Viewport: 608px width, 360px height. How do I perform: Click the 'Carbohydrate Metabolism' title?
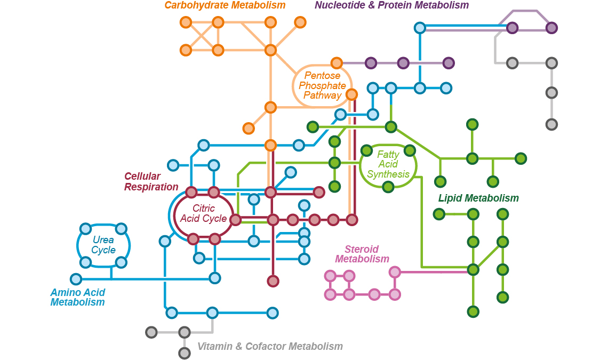(x=225, y=5)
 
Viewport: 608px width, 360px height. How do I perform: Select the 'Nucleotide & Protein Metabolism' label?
(x=391, y=5)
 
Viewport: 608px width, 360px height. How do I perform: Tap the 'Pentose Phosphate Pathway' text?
(x=322, y=86)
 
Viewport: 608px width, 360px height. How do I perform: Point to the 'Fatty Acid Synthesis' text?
(x=388, y=164)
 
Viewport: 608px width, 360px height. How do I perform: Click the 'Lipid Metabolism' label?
(x=478, y=198)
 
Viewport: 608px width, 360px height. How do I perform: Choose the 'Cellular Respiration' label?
(x=151, y=182)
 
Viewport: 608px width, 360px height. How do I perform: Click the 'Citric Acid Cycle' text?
(x=203, y=214)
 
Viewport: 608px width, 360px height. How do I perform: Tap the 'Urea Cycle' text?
(x=103, y=245)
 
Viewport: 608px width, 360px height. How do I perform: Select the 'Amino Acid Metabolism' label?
(x=77, y=297)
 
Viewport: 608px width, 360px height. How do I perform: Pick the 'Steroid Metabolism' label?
(x=362, y=254)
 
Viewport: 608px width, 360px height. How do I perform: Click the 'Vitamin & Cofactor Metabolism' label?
(x=270, y=347)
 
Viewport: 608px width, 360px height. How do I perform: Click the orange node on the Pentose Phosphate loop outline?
(x=351, y=95)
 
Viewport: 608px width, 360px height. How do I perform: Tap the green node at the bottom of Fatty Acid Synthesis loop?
(x=388, y=187)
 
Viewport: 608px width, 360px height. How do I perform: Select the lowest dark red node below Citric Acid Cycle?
(x=273, y=281)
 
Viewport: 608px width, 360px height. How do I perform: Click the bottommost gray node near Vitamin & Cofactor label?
(x=185, y=353)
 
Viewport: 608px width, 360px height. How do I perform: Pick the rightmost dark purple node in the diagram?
(x=551, y=28)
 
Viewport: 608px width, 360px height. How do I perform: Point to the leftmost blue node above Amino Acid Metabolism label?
(x=76, y=279)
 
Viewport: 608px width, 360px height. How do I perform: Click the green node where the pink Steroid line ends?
(x=473, y=269)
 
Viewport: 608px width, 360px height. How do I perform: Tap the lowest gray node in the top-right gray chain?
(x=551, y=124)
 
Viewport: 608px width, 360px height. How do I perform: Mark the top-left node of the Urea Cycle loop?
(x=85, y=229)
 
